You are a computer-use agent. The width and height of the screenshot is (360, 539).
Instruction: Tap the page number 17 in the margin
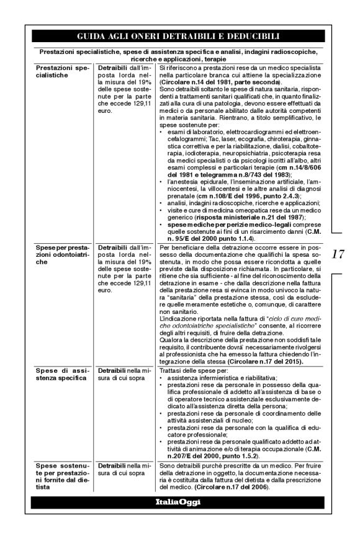point(338,254)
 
